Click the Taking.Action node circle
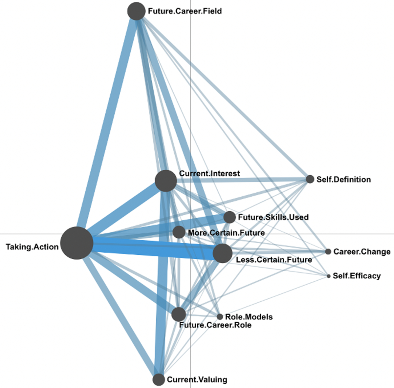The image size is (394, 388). [x=77, y=243]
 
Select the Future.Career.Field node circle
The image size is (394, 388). [x=136, y=11]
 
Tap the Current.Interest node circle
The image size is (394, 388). [x=166, y=181]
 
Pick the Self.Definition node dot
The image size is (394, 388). [x=310, y=179]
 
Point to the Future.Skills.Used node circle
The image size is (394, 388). [x=230, y=217]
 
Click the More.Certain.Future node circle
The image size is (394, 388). [x=179, y=232]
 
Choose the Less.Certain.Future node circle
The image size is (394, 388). [x=223, y=253]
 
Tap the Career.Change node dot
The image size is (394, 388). [x=328, y=251]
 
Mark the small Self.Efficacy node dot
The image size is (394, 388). [x=328, y=276]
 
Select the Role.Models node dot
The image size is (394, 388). [x=220, y=317]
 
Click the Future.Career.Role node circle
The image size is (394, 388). [x=179, y=314]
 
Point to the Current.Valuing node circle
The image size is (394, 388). [x=159, y=379]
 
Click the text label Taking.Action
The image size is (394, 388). [x=32, y=247]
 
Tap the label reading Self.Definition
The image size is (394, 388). [x=343, y=180]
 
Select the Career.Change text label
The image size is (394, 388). [x=362, y=252]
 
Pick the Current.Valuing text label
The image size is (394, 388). [x=197, y=380]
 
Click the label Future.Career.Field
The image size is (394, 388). [x=185, y=11]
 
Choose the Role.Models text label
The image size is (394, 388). [x=249, y=317]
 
